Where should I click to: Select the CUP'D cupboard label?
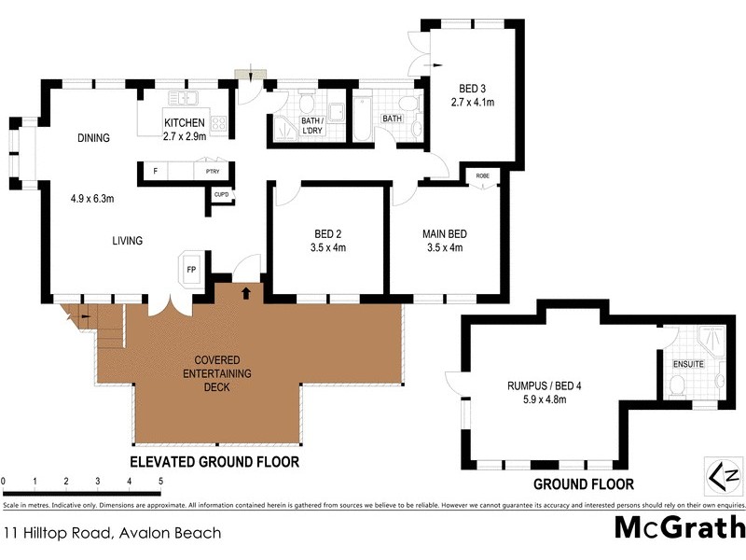(x=220, y=194)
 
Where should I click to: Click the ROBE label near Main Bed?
(x=482, y=175)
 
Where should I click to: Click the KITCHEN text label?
(x=184, y=123)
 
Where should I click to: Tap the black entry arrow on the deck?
(x=246, y=293)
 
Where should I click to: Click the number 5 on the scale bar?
(x=161, y=482)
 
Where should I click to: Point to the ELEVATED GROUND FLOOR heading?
(x=220, y=462)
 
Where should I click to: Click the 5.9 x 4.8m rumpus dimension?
(x=537, y=399)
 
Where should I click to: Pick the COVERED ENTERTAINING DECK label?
(x=217, y=373)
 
